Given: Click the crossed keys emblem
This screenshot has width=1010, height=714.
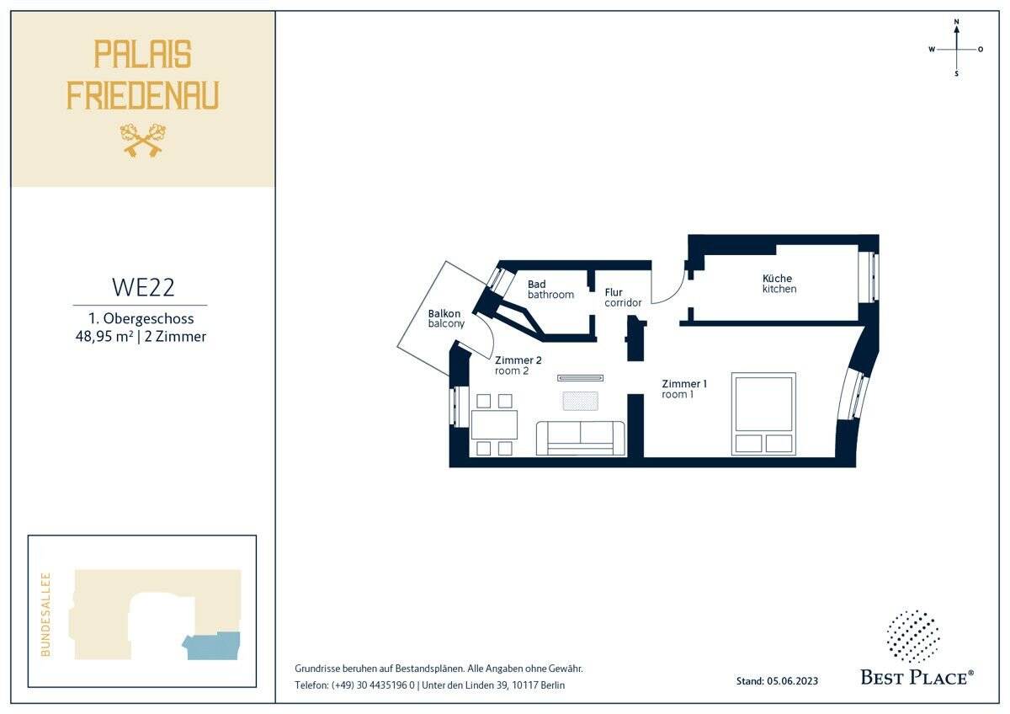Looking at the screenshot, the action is point(143,141).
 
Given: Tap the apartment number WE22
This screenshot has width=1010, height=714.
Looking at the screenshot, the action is point(143,287).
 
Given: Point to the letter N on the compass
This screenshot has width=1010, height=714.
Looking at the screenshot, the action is point(956,21).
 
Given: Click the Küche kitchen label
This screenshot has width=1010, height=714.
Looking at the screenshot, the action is point(779,283).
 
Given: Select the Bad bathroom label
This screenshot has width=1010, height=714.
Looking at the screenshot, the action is point(550,289).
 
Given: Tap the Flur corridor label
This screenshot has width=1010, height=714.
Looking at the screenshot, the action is point(623,297).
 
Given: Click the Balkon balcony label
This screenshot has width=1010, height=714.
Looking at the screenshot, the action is point(446,318).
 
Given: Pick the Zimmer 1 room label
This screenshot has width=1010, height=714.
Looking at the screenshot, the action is point(684,389).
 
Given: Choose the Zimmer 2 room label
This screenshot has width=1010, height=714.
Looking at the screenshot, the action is point(518,365).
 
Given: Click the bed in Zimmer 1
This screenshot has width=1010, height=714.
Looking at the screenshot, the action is point(763,413).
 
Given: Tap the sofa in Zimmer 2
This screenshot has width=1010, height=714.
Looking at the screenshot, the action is point(580,438).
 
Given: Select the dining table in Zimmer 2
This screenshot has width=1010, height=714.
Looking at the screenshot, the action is point(494,424).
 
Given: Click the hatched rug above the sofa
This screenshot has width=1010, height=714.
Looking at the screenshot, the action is point(580,401).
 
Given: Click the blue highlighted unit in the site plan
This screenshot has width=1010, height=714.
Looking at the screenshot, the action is point(211,646).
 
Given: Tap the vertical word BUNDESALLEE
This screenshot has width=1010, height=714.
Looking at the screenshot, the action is point(45,615).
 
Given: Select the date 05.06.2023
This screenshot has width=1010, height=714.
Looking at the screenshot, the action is point(792,680).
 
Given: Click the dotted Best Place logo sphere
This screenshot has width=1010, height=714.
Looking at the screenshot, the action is point(913,637).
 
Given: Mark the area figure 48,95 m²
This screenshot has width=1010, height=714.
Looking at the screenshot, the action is point(104,336).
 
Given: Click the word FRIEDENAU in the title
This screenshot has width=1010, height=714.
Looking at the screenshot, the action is point(143,95).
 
